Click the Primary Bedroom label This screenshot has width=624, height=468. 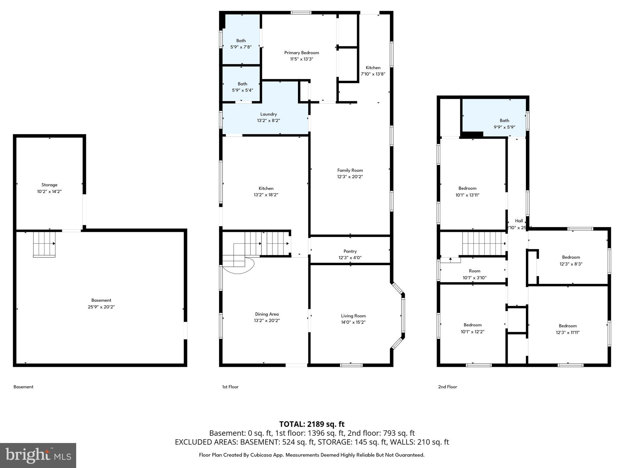(x=301, y=53)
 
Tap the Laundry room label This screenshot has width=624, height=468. (x=268, y=114)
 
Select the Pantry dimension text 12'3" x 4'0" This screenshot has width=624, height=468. (x=350, y=258)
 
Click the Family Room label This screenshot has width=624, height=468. (x=350, y=170)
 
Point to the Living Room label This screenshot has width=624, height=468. (x=353, y=316)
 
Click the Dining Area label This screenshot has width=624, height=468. (x=267, y=314)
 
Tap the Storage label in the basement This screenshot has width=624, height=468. (x=49, y=185)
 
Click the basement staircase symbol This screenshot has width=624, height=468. (x=44, y=244)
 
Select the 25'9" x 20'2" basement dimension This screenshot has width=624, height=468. (x=101, y=307)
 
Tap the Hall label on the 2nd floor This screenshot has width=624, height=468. (x=519, y=221)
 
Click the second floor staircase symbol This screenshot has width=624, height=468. (x=484, y=243)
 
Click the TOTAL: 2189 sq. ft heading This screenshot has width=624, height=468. (x=312, y=424)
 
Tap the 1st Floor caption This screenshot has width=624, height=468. (x=230, y=387)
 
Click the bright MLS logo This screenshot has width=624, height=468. (x=38, y=455)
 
